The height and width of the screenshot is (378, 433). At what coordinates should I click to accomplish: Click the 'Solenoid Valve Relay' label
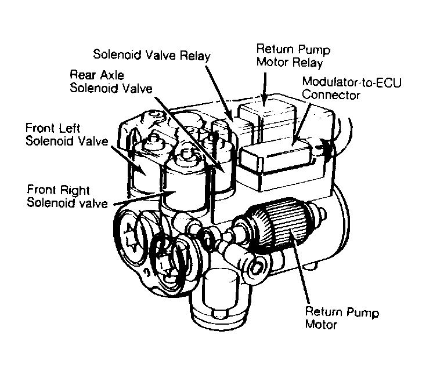[x=152, y=54]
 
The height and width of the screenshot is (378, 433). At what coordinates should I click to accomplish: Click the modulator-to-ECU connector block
[x=273, y=156]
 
